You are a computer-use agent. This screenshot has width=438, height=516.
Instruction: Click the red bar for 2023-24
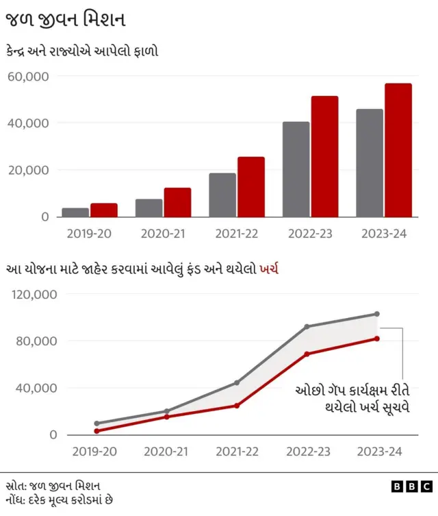[398, 150]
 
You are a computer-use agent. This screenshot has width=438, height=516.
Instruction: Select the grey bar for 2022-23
[296, 169]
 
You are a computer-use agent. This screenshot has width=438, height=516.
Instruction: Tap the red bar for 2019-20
[103, 210]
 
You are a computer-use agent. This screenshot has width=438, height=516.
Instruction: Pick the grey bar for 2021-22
[222, 195]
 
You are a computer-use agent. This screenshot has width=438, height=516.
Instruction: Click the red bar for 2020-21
[177, 202]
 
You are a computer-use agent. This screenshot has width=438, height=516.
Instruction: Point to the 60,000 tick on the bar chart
[28, 76]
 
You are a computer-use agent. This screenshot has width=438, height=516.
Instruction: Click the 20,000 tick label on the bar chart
[28, 170]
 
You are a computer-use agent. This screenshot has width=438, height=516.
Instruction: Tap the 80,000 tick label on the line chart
[34, 341]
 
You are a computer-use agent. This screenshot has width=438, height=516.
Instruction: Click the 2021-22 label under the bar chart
[236, 234]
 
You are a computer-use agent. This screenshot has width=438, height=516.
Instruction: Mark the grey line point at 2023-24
[376, 314]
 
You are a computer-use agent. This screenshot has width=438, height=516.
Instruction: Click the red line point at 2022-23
[307, 354]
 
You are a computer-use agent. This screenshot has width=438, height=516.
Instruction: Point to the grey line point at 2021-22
[237, 382]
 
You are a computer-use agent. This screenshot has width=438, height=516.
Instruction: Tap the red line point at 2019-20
[96, 431]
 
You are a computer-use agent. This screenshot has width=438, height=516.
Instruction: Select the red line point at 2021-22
[237, 406]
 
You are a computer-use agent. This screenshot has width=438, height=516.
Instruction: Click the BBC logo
[411, 486]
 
